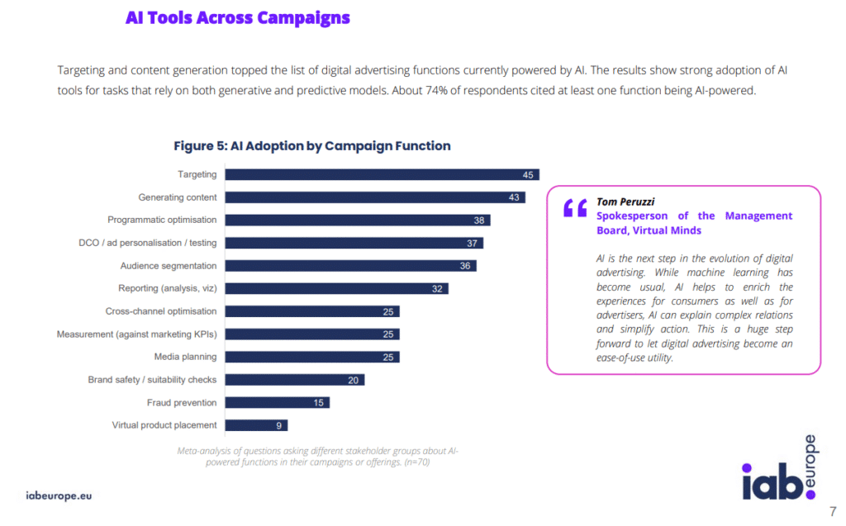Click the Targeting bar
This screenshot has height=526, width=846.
pos(382,174)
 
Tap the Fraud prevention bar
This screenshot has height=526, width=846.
pos(278,402)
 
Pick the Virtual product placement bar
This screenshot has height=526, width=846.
pos(256,425)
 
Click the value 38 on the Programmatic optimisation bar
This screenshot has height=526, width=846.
pos(479,220)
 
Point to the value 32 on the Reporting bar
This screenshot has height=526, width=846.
pos(438,289)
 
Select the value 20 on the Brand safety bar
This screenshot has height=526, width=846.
pos(354,380)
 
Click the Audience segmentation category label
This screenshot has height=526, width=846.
pos(169,266)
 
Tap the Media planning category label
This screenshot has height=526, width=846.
pos(185,357)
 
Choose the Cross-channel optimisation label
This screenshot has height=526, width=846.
pos(161,311)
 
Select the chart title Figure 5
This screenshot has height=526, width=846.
pos(311,146)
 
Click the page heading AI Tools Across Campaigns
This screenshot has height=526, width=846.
pos(237,18)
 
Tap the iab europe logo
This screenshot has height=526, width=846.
pos(778,472)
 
